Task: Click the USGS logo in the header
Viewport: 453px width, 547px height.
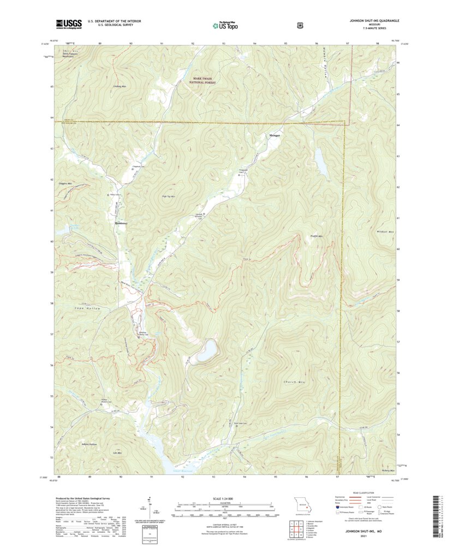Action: point(68,24)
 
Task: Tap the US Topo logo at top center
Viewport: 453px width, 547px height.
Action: point(225,25)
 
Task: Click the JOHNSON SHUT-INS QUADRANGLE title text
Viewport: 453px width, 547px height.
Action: point(374,20)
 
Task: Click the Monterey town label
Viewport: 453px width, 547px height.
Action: point(121,224)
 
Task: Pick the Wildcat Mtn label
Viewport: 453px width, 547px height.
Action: point(385,232)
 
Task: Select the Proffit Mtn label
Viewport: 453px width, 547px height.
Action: point(316,236)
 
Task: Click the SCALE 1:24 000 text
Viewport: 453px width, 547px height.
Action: point(226,498)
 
